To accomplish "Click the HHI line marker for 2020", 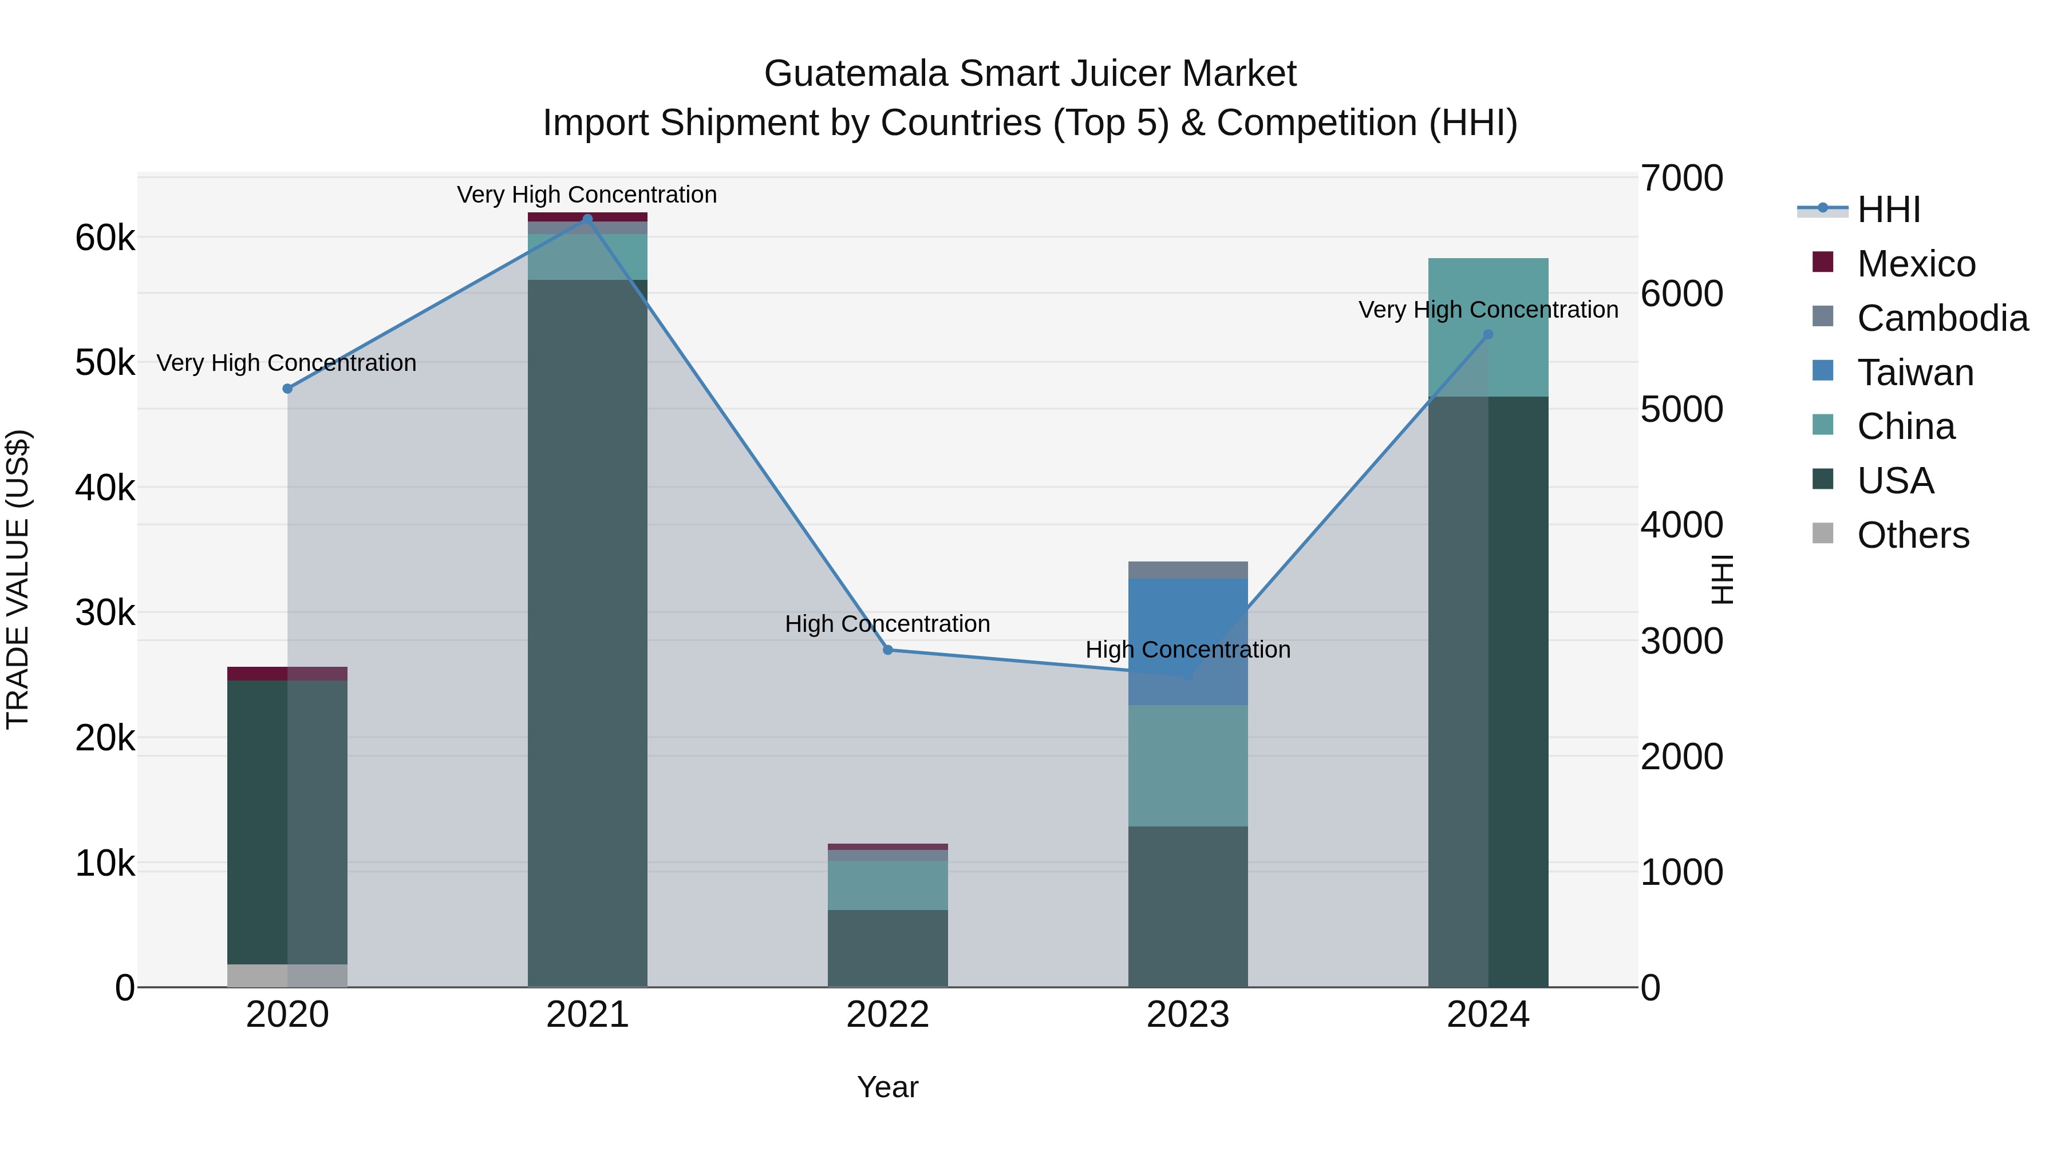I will click(x=287, y=389).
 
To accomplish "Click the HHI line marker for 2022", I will click(x=887, y=650).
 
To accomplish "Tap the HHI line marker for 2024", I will click(x=1488, y=335).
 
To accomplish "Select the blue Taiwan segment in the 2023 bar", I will click(x=1187, y=616).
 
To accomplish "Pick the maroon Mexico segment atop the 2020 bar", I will click(x=287, y=674).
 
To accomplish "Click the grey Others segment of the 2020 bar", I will click(x=287, y=975).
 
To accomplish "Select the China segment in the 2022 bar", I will click(x=887, y=885).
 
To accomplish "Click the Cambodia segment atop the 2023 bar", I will click(x=1187, y=569).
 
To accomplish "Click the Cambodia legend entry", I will click(x=1942, y=318).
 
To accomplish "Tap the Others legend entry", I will click(x=1912, y=535).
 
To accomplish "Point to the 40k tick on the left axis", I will click(x=105, y=488).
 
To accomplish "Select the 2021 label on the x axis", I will click(x=587, y=1015).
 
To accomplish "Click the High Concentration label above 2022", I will click(x=887, y=624).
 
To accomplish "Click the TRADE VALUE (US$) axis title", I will click(x=18, y=579).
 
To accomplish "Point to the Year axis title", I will click(x=887, y=1087).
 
